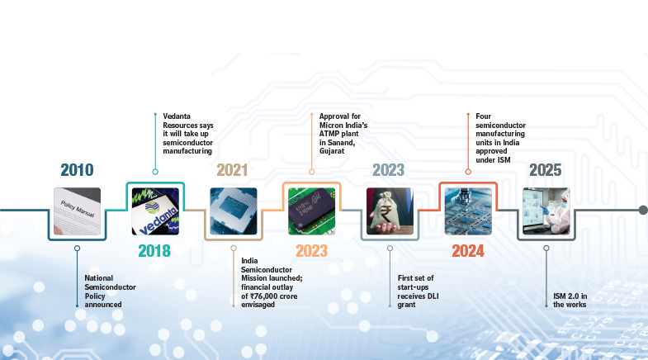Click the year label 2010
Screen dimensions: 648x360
pyautogui.click(x=78, y=170)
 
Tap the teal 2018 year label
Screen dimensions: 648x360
pyautogui.click(x=154, y=251)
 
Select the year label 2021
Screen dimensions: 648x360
pyautogui.click(x=232, y=170)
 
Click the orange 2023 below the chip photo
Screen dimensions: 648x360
pyautogui.click(x=311, y=251)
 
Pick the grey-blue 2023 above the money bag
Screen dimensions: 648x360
pyautogui.click(x=389, y=170)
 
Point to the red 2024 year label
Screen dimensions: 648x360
pyautogui.click(x=468, y=251)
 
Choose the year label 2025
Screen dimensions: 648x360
pyautogui.click(x=546, y=170)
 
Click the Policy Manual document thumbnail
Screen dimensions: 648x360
pyautogui.click(x=78, y=211)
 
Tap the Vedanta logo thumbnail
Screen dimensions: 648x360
pyautogui.click(x=155, y=211)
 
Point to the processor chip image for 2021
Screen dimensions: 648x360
pyautogui.click(x=234, y=211)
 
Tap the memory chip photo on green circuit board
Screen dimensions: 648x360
pyautogui.click(x=311, y=211)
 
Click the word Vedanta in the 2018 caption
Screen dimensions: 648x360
pyautogui.click(x=177, y=116)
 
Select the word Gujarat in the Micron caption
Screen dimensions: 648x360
pyautogui.click(x=332, y=151)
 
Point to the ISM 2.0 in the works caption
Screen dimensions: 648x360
pyautogui.click(x=570, y=300)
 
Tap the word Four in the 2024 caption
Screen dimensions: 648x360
pyautogui.click(x=483, y=116)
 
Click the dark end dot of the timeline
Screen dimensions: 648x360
pyautogui.click(x=643, y=210)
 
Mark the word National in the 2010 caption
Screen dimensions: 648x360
pyautogui.click(x=99, y=278)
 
